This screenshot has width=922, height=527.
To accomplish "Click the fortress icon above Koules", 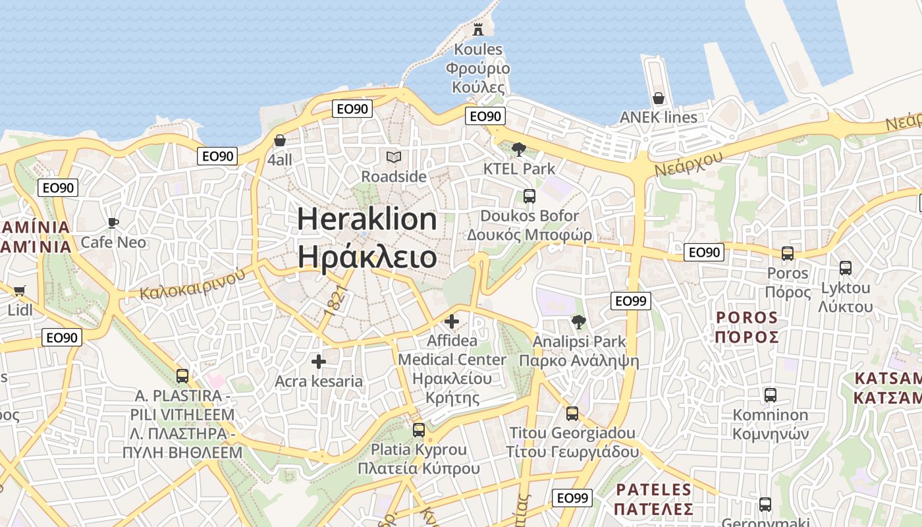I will pyautogui.click(x=478, y=30).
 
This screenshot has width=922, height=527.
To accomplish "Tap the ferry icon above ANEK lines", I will pyautogui.click(x=658, y=98).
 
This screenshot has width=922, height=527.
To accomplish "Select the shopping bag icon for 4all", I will pyautogui.click(x=280, y=140).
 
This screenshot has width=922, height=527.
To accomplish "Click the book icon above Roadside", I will pyautogui.click(x=394, y=157).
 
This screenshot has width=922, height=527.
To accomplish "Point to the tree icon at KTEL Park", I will pyautogui.click(x=519, y=150).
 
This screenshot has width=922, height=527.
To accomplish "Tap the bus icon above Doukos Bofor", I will pyautogui.click(x=529, y=196).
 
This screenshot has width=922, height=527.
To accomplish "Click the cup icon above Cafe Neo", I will pyautogui.click(x=113, y=223).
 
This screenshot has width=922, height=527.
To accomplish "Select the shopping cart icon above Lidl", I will pyautogui.click(x=19, y=291).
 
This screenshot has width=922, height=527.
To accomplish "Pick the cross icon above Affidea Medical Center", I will pyautogui.click(x=452, y=321).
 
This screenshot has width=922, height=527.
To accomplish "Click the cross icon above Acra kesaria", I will pyautogui.click(x=319, y=362).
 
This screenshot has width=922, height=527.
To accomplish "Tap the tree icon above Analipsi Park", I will pyautogui.click(x=579, y=322).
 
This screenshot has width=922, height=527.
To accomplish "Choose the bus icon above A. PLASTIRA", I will pyautogui.click(x=182, y=376).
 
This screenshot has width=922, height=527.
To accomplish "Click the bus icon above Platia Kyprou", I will pyautogui.click(x=418, y=430).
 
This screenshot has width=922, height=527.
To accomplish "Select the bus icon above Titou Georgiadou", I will pyautogui.click(x=572, y=414).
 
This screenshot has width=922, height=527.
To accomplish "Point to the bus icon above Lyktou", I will pyautogui.click(x=846, y=268).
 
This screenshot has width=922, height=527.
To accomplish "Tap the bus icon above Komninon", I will pyautogui.click(x=770, y=395).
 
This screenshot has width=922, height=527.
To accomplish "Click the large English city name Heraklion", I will pyautogui.click(x=367, y=219).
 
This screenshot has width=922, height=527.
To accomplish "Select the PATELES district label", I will pyautogui.click(x=654, y=490).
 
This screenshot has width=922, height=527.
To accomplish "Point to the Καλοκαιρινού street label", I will pyautogui.click(x=193, y=283).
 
